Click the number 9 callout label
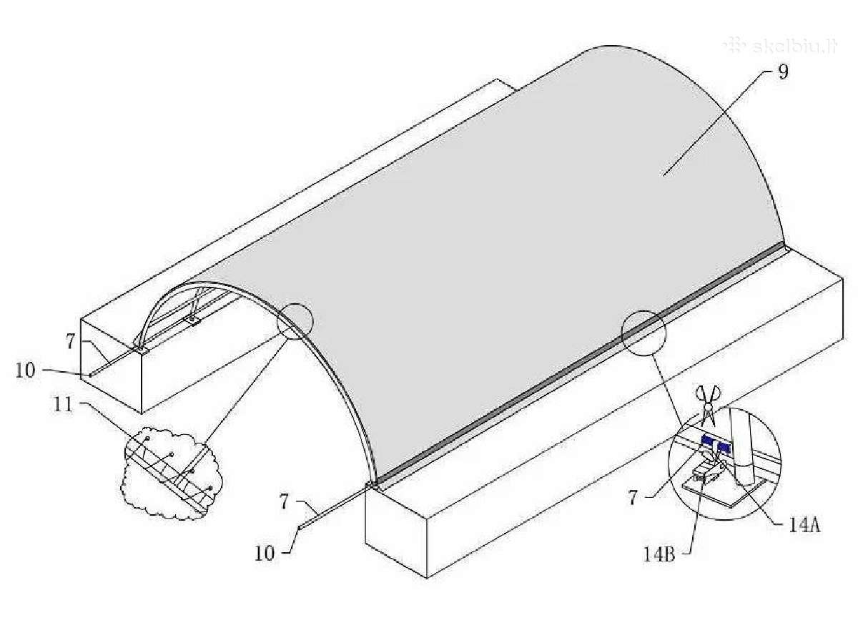782,73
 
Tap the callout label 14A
804,526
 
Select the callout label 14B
659,555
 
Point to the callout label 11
63,405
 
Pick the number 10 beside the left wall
26,370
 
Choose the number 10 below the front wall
265,554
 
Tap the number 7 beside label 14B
633,498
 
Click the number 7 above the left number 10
70,342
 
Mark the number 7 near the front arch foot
284,501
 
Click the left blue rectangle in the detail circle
708,440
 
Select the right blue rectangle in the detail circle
724,446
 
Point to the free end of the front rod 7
299,528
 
